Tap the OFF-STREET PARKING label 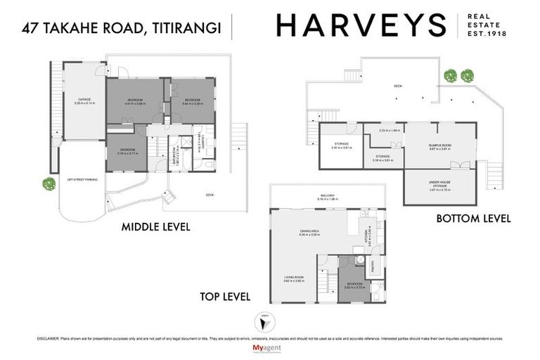tap(82, 181)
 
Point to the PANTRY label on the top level tap(373, 264)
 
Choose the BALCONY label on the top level tap(328, 196)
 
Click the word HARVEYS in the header tap(361, 25)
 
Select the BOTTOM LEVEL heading tap(472, 219)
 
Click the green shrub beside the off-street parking tap(49, 184)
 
